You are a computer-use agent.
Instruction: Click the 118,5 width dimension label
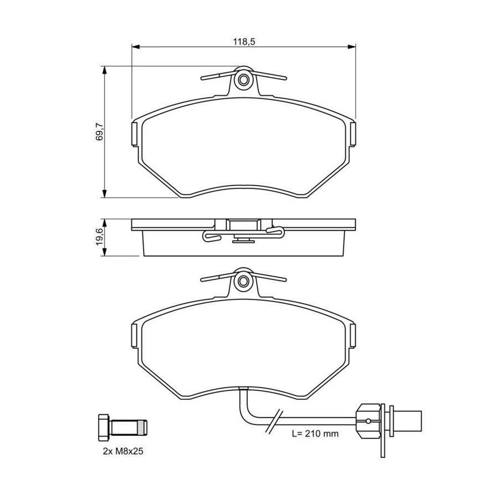point(244,42)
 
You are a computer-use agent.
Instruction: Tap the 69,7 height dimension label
point(100,133)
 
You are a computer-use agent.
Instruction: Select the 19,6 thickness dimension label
point(100,237)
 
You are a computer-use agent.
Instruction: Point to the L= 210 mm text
point(315,434)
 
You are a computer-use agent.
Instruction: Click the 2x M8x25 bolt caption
point(123,451)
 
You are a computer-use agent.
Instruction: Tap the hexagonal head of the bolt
point(104,427)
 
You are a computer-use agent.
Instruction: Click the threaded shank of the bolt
point(129,427)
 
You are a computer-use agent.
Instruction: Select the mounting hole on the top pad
point(244,79)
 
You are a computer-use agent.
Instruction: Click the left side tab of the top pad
point(134,134)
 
